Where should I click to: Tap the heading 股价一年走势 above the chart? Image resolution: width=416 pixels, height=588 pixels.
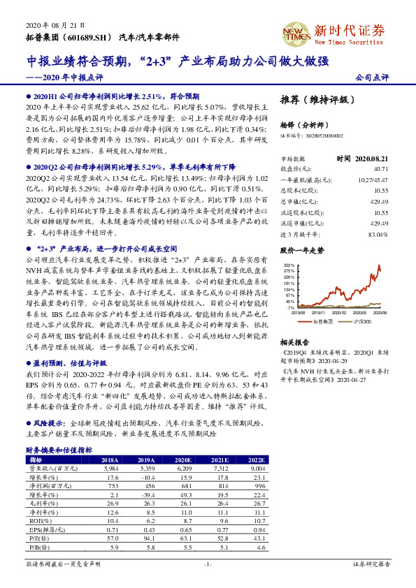coord(302,249)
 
